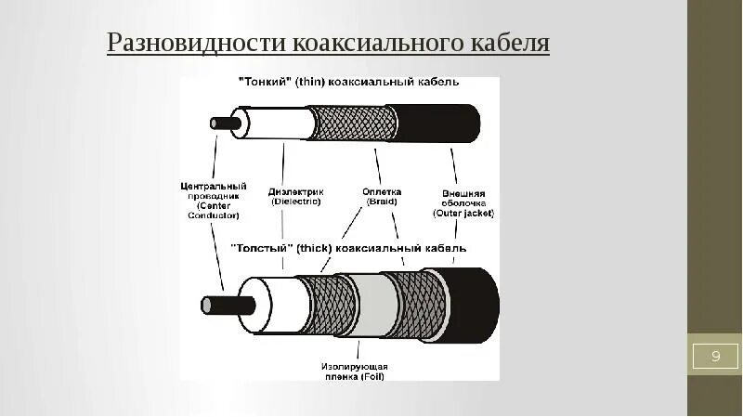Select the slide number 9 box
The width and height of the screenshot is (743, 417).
715,356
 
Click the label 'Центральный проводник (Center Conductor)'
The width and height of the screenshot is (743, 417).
213,201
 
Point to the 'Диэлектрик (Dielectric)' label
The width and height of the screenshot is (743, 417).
294,196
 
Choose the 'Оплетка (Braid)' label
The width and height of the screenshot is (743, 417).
381,196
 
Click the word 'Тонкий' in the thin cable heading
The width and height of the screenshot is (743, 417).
267,82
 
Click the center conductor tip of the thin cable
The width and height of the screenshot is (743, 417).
221,123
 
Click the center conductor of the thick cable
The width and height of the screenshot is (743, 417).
219,304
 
